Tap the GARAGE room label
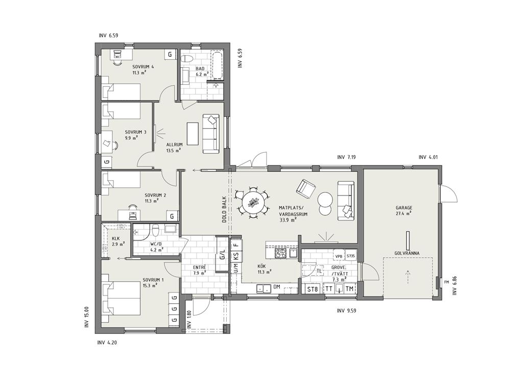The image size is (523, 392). pyautogui.click(x=404, y=208)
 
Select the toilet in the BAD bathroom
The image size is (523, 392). pyautogui.click(x=186, y=59)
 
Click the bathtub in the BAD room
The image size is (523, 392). pyautogui.click(x=217, y=66)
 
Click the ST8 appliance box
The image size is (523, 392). pyautogui.click(x=312, y=289)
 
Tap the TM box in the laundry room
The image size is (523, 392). pyautogui.click(x=349, y=289)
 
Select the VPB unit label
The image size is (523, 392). pyautogui.click(x=339, y=256)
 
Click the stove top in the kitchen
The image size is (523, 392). pyautogui.click(x=281, y=253)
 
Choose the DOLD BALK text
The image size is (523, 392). pyautogui.click(x=225, y=209)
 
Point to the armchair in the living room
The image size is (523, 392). pyautogui.click(x=306, y=189)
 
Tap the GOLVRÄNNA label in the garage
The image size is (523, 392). pyautogui.click(x=407, y=253)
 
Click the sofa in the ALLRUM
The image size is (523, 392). pyautogui.click(x=211, y=133)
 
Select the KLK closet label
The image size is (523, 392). pyautogui.click(x=116, y=239)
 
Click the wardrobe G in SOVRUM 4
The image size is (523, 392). pyautogui.click(x=170, y=54)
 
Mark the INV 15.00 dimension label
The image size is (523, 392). pyautogui.click(x=87, y=317)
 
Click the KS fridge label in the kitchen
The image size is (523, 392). pyautogui.click(x=236, y=257)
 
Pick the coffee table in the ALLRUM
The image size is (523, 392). pyautogui.click(x=193, y=134)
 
